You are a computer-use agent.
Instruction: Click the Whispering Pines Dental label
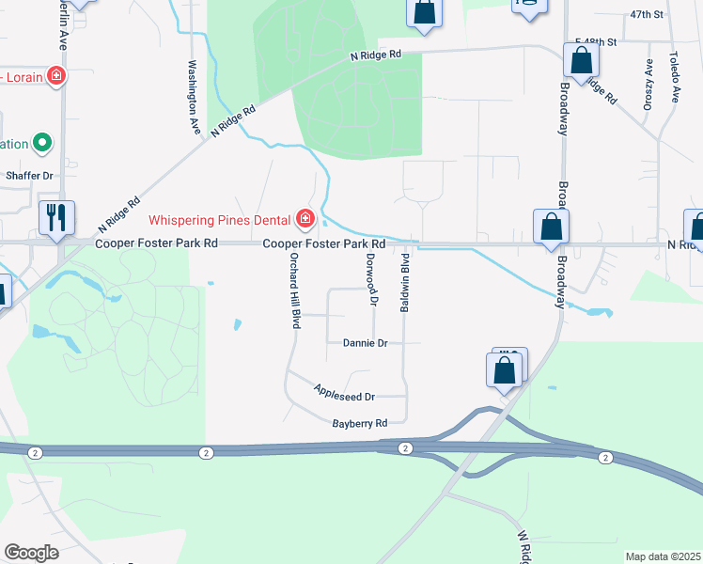tap(224, 219)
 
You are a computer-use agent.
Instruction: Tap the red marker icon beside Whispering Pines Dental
tap(305, 219)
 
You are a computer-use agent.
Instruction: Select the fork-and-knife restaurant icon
tap(56, 217)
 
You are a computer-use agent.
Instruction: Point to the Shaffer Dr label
tap(29, 176)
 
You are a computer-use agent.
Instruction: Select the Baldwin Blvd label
tap(406, 282)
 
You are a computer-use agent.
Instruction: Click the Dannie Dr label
tap(366, 344)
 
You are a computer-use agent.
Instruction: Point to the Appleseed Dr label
tap(344, 395)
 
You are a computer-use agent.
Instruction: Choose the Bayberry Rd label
tap(360, 424)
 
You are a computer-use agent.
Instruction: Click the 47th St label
tap(647, 15)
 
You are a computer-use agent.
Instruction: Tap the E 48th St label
tap(595, 42)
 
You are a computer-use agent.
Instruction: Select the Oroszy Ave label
tap(648, 85)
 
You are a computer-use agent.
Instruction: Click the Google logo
tap(31, 553)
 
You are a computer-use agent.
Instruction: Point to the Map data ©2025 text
tap(662, 556)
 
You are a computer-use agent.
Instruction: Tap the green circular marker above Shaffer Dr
tap(42, 144)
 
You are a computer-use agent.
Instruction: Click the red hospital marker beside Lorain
tap(56, 75)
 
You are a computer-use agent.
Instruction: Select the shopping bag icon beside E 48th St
tap(582, 60)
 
